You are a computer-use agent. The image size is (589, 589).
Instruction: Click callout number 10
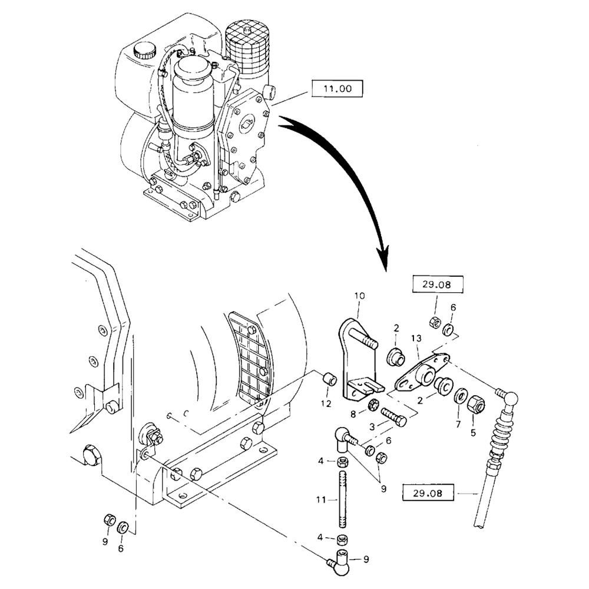pos(360,294)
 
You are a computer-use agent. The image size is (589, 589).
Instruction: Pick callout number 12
pos(326,403)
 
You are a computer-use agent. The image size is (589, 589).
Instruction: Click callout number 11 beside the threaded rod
pos(320,499)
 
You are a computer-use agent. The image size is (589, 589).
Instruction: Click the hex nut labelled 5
pos(476,403)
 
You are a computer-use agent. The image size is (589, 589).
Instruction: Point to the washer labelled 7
pos(460,396)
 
